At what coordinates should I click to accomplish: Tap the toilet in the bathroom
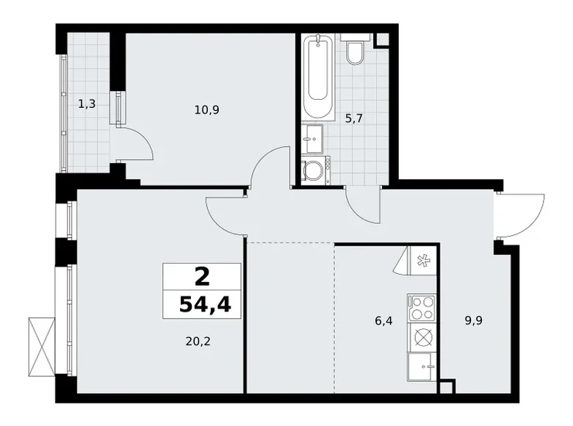[355, 51]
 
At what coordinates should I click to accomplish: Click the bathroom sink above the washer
[312, 138]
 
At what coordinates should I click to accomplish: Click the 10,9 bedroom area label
[208, 110]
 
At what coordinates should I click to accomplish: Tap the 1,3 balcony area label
[87, 104]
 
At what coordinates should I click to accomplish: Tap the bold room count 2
[201, 276]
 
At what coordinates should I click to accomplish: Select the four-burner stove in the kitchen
[422, 307]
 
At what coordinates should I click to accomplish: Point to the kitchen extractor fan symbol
[422, 259]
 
